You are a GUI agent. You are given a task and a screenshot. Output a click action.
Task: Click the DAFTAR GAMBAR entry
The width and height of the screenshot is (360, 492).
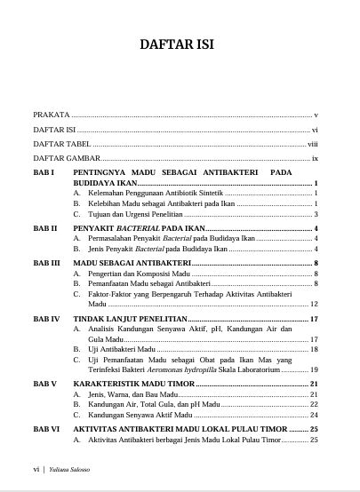pos(65,157)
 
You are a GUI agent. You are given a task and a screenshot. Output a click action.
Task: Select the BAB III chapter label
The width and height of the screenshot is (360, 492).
pos(47,264)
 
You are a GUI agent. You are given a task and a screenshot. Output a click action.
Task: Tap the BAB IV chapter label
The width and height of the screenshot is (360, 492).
pos(46,317)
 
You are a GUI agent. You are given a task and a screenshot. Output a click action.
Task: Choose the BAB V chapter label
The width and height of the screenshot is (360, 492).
pos(45,383)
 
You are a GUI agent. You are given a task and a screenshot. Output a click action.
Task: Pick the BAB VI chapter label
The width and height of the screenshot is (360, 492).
pos(46,428)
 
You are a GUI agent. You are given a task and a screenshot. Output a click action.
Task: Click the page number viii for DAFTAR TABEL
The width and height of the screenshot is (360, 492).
pos(312,143)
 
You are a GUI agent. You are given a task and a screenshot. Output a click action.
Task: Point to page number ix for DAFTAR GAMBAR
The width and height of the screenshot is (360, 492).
pos(315,157)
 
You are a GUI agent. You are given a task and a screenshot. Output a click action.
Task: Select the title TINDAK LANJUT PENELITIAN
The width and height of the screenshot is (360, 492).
pos(131,317)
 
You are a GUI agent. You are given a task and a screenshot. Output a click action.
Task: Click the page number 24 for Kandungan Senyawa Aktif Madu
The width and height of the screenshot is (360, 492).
pos(314,415)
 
